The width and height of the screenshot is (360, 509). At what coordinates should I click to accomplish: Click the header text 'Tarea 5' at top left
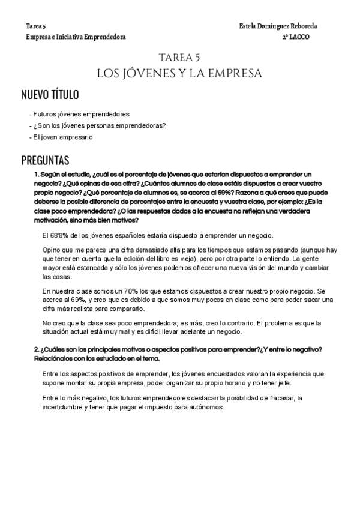click(x=36, y=27)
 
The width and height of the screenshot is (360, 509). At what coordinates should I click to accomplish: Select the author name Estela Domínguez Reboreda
click(x=278, y=27)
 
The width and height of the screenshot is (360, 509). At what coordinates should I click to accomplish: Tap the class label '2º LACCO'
click(x=296, y=37)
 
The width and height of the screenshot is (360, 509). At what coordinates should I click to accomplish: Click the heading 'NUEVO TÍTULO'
click(x=50, y=95)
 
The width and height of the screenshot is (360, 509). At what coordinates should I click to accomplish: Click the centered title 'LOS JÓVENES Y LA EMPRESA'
click(x=179, y=73)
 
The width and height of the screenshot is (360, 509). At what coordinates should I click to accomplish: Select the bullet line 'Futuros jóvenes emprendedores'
click(x=81, y=113)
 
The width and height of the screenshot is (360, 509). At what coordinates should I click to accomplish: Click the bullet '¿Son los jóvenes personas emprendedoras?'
click(x=99, y=125)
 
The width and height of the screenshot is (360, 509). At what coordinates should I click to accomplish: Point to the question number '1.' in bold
click(x=37, y=174)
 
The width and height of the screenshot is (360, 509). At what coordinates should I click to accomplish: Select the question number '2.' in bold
click(x=37, y=350)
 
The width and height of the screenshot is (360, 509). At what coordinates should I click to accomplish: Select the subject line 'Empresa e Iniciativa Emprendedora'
click(x=76, y=37)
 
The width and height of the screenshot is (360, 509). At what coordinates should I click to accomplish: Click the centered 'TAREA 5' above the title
click(x=179, y=58)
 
